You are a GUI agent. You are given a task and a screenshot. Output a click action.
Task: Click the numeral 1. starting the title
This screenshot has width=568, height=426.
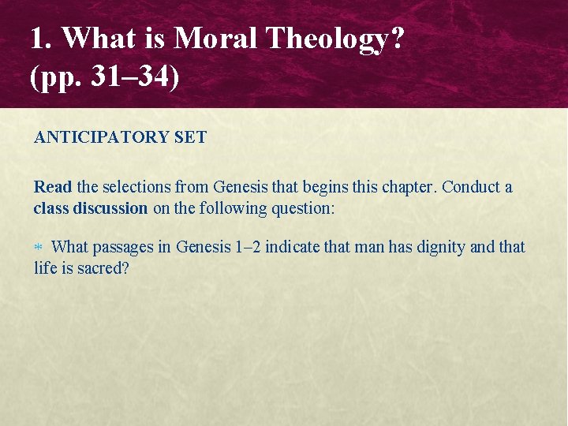click(x=41, y=38)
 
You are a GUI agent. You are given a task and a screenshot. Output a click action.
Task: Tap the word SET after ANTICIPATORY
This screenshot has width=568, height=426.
click(x=190, y=137)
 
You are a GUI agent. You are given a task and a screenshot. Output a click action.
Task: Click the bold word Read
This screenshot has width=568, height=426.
click(x=53, y=187)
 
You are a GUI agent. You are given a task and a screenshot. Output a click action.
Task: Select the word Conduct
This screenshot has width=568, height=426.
click(x=471, y=187)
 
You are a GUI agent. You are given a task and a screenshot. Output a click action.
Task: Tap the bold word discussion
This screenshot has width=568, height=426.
click(x=110, y=208)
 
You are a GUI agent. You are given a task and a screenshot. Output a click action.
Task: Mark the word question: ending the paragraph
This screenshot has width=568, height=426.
click(x=301, y=208)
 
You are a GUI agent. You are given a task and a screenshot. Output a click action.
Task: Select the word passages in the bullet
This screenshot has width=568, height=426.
click(x=124, y=247)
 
